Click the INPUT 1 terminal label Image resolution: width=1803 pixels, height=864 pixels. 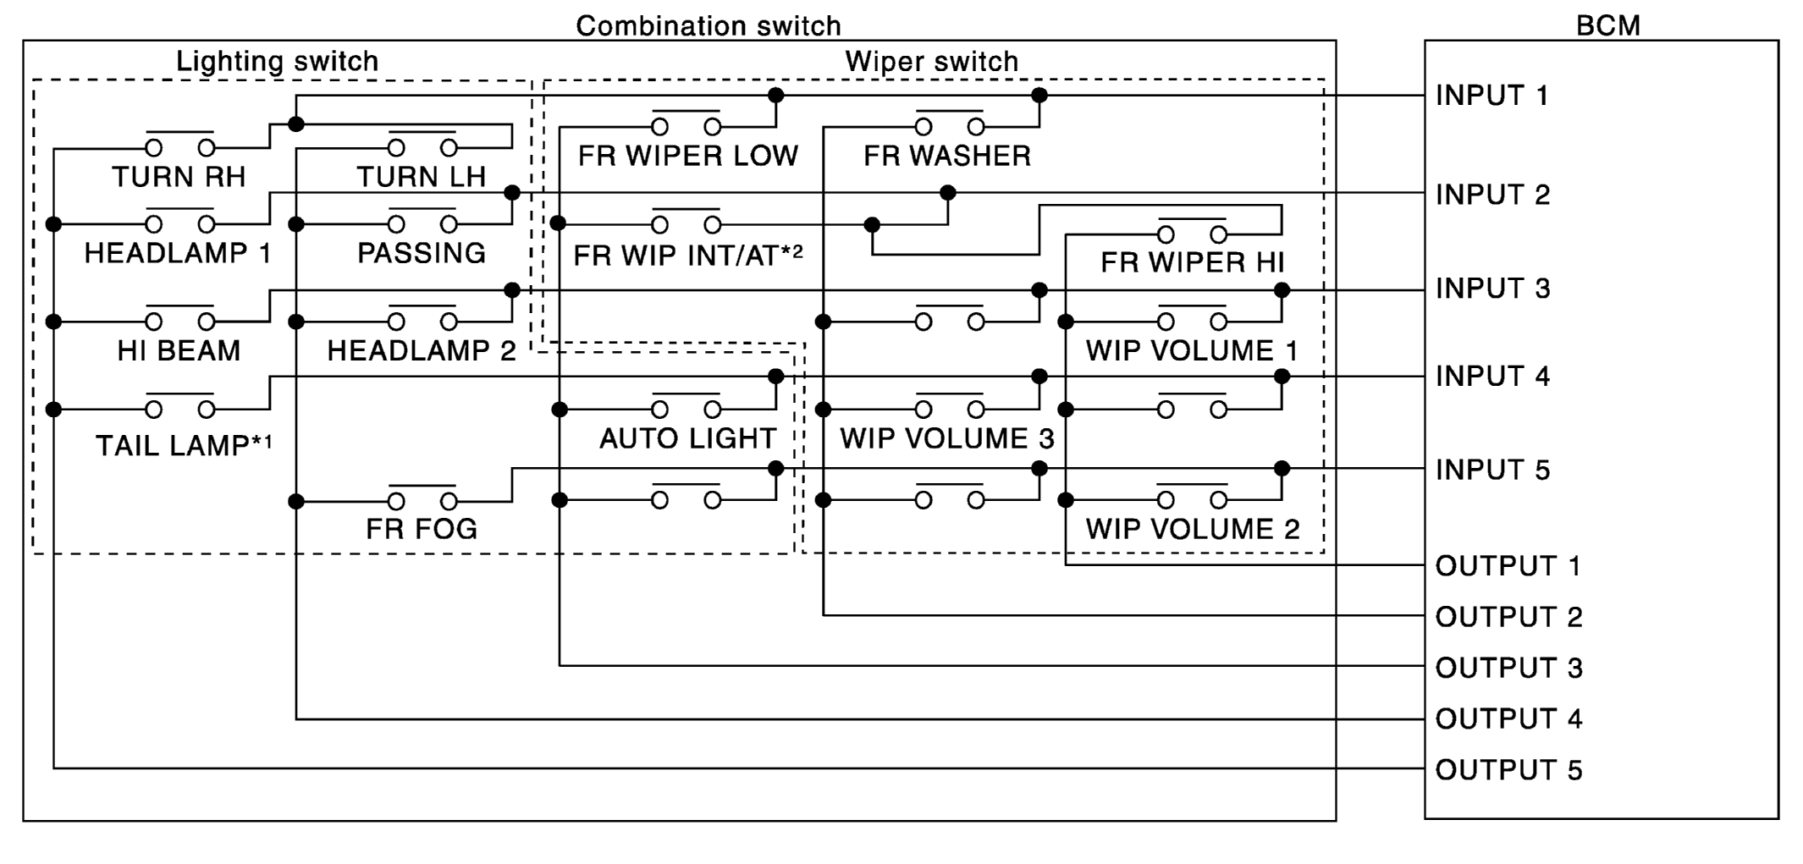pos(1491,96)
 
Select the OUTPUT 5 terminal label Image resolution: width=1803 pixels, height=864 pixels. pos(1508,770)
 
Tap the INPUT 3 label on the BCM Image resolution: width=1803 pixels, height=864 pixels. pos(1492,289)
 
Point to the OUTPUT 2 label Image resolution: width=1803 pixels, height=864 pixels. pos(1508,617)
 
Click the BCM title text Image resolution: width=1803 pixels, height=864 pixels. pos(1607,25)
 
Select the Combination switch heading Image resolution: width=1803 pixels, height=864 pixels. pos(709,25)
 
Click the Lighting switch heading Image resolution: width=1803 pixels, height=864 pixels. pos(277,61)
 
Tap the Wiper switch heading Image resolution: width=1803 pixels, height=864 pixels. pos(931,61)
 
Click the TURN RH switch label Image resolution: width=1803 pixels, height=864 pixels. pos(179,177)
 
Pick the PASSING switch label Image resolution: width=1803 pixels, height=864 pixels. pos(422,253)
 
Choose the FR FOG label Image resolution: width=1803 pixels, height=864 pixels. pos(422,529)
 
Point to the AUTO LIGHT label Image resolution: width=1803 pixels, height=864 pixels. pos(687,438)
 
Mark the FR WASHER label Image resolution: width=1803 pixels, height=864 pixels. pos(947,156)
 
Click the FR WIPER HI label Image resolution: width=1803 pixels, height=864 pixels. pos(1192,262)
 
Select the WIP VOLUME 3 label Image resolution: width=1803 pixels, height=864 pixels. pos(947,438)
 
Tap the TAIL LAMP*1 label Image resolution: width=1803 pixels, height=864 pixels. pos(184,445)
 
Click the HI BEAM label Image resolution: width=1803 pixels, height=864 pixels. pos(179,350)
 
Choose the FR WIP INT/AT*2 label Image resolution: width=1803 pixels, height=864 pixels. pos(687,255)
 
